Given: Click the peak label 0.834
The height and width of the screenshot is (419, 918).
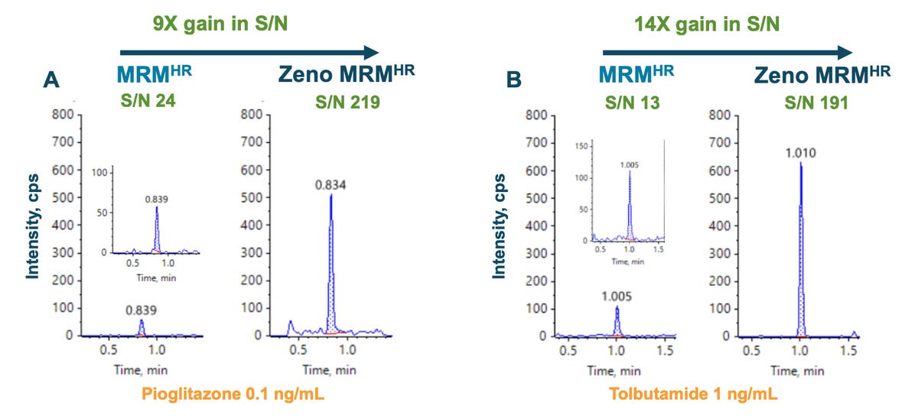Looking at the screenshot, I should (330, 185).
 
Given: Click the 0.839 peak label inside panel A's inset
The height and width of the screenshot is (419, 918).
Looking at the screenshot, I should (157, 198).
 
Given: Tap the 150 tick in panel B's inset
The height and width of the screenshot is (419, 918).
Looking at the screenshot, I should (582, 145).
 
